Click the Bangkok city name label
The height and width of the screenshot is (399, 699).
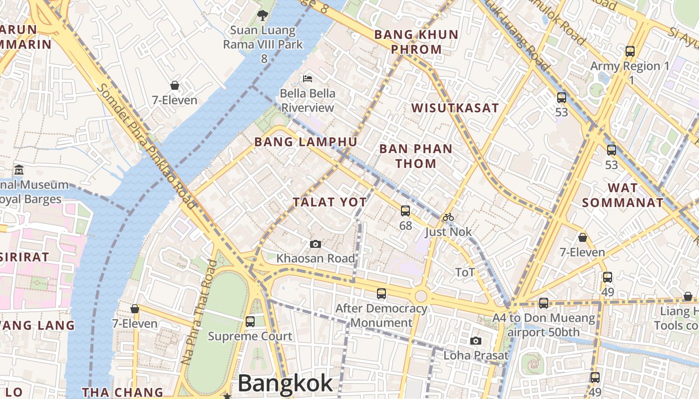(285, 384)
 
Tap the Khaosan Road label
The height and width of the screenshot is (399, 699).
(316, 258)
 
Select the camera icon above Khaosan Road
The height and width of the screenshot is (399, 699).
(315, 244)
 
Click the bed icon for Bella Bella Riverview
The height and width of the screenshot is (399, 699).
(308, 79)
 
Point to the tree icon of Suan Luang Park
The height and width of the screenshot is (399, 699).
(263, 15)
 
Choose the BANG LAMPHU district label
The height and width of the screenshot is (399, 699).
(306, 142)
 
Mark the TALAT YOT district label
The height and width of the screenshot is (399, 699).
(330, 202)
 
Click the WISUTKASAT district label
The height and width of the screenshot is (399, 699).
(455, 108)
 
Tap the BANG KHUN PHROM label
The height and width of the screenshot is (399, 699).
(416, 42)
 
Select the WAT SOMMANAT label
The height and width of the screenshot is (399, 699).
(623, 195)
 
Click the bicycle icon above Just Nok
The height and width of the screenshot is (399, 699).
(448, 217)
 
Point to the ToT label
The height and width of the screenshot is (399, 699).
(465, 272)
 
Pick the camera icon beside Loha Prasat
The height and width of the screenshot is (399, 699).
(476, 341)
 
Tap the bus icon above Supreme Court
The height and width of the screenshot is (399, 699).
(250, 322)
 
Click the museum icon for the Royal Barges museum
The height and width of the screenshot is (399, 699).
(19, 170)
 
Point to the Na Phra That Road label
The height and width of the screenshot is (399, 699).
(199, 312)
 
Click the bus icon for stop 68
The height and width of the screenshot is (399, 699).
(405, 211)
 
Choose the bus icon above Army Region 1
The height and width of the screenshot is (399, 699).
(630, 51)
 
